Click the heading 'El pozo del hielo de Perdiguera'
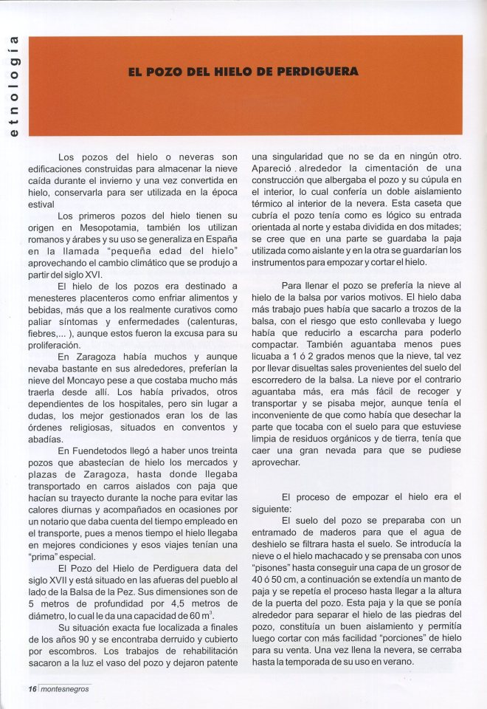(x=243, y=72)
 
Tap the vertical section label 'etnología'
(x=13, y=86)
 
